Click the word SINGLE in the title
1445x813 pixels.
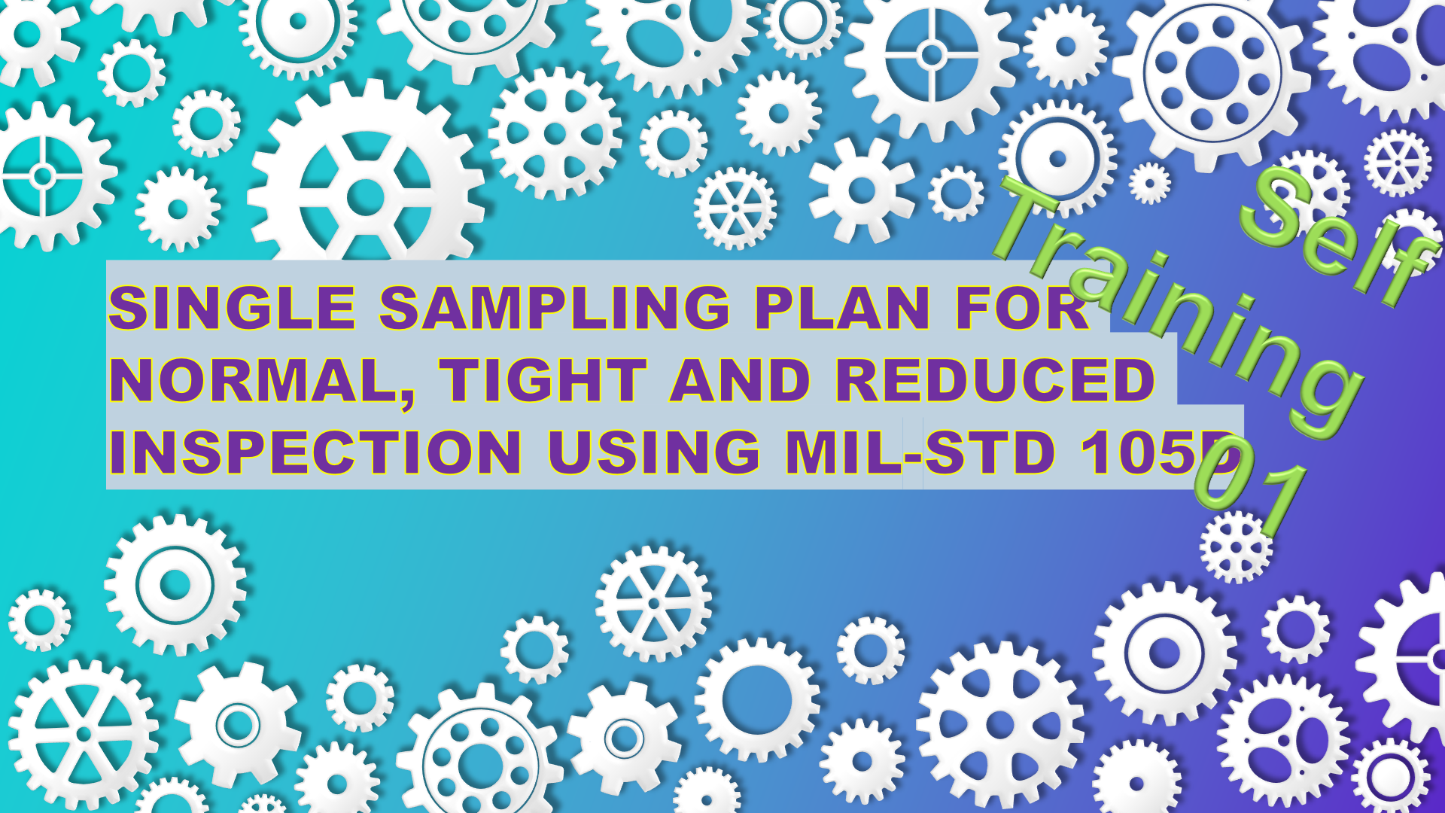tap(232, 308)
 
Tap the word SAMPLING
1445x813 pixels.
tap(555, 308)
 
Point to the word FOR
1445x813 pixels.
tap(1022, 308)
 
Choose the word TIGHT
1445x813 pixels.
tap(543, 380)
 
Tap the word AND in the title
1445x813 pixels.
tap(741, 380)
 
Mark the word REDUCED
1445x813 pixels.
tap(996, 380)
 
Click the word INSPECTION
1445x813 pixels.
tap(315, 452)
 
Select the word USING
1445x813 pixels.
tap(654, 452)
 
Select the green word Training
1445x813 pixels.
tap(1178, 309)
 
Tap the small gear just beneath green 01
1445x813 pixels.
tap(1236, 547)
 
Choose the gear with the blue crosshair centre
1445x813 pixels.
tap(932, 55)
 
